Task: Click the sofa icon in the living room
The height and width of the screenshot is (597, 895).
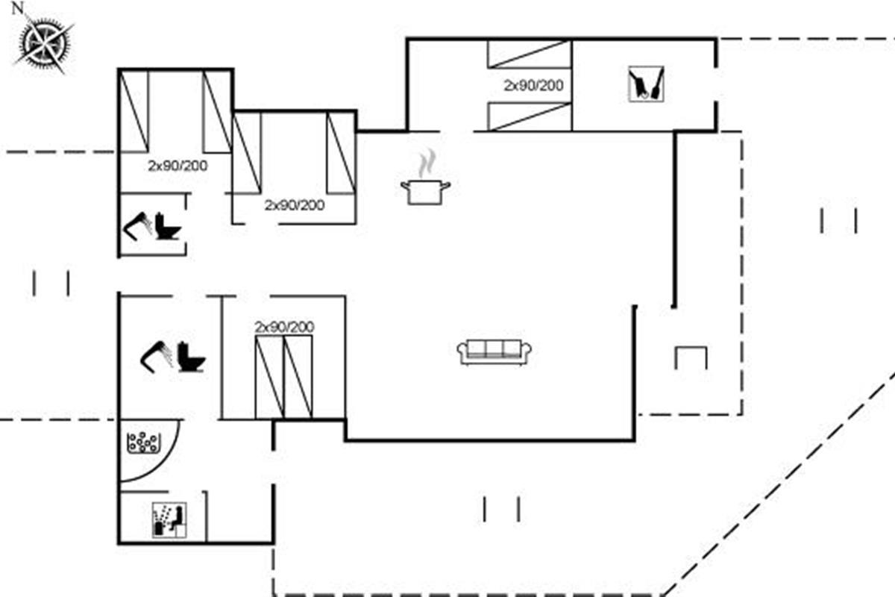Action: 494,352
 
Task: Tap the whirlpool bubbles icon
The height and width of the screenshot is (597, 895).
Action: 143,443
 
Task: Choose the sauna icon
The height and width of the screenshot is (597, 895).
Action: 169,519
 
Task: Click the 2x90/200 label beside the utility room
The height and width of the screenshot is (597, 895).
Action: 533,85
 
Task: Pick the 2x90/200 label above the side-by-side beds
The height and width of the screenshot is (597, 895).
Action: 284,327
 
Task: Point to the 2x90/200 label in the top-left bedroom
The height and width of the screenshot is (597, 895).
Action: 178,166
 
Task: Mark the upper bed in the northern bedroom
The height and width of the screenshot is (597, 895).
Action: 529,54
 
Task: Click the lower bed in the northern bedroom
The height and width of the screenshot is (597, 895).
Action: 529,117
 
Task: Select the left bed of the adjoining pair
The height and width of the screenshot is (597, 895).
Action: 269,377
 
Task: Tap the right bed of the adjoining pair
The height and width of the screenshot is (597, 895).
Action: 298,377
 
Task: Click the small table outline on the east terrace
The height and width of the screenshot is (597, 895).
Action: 691,357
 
